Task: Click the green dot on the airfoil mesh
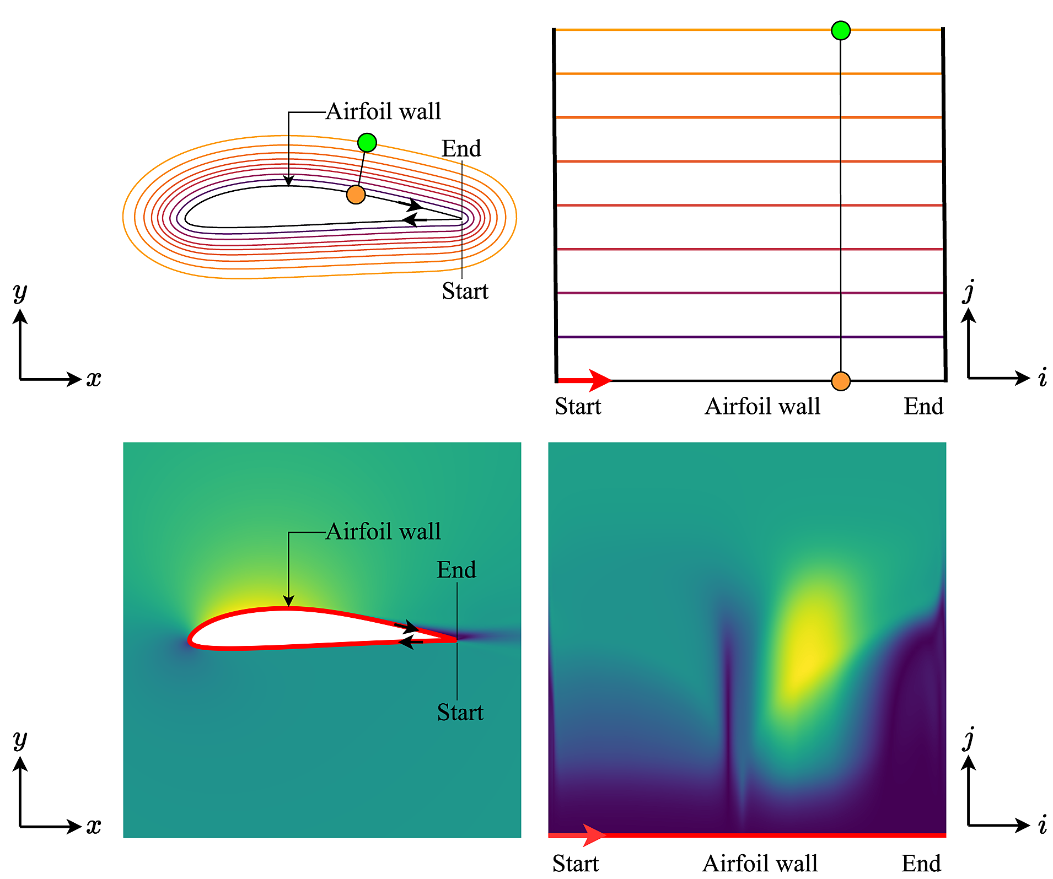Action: pos(367,143)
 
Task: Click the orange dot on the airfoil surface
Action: pos(356,195)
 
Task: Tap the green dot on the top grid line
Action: pos(840,30)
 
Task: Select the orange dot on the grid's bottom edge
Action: pos(840,381)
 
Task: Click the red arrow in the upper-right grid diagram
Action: pos(585,380)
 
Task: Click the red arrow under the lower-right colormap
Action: pos(579,835)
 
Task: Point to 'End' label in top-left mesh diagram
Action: pos(461,148)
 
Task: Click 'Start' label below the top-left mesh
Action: pos(465,291)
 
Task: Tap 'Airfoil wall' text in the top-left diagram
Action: pos(383,111)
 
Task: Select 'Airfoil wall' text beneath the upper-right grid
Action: pos(762,406)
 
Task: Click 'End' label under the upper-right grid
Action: pos(923,406)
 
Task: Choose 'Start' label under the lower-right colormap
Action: pos(576,863)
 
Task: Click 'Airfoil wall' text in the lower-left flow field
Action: pos(383,532)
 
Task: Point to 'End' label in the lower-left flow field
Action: pos(456,570)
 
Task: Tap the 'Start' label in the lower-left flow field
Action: pos(460,713)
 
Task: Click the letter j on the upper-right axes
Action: pos(969,290)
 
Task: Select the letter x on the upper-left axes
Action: pos(94,379)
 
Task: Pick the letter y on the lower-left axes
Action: pos(20,740)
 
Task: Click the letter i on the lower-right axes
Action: pos(1042,825)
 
